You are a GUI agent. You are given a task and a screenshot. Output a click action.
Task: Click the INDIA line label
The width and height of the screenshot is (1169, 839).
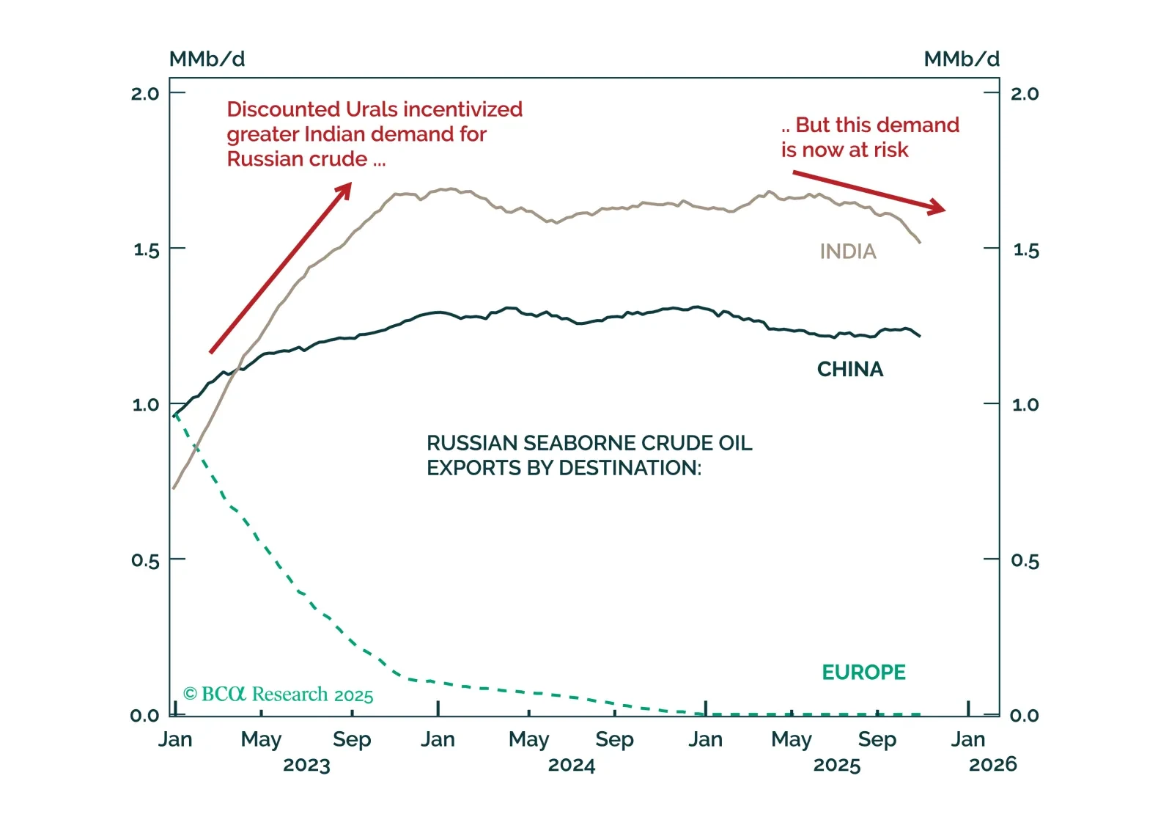point(847,252)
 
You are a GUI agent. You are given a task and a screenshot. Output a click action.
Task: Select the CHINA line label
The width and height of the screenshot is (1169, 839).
point(849,369)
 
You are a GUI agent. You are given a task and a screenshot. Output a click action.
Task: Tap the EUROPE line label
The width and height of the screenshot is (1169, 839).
point(863,672)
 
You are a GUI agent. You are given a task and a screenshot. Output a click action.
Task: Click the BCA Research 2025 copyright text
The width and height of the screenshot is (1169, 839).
point(278,694)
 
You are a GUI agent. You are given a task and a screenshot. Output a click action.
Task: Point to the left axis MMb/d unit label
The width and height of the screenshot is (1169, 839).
point(207,59)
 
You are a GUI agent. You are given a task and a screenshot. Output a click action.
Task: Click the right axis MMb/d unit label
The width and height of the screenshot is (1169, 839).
point(961,59)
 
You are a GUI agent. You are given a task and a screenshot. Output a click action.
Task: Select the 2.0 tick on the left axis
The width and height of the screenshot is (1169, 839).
point(144,93)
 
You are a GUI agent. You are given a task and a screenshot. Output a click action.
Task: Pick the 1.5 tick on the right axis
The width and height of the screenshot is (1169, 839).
point(1025,250)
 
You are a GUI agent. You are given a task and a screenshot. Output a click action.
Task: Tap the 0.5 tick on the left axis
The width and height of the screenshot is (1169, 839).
point(144,560)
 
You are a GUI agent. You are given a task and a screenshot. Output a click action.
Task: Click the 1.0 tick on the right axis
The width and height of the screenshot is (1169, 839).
point(1025,404)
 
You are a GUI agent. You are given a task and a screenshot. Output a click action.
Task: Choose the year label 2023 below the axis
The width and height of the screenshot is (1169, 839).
point(306,765)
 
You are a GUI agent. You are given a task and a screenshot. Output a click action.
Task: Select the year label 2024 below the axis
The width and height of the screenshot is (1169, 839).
point(571,765)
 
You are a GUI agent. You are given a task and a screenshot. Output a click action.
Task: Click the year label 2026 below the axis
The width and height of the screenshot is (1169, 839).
point(992,764)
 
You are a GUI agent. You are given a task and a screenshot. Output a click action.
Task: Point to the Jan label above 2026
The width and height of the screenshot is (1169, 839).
point(967,739)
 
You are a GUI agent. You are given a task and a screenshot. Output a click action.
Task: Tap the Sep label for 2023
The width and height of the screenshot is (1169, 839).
point(352,739)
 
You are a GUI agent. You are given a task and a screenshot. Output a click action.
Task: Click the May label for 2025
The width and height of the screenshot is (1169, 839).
point(791,739)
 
